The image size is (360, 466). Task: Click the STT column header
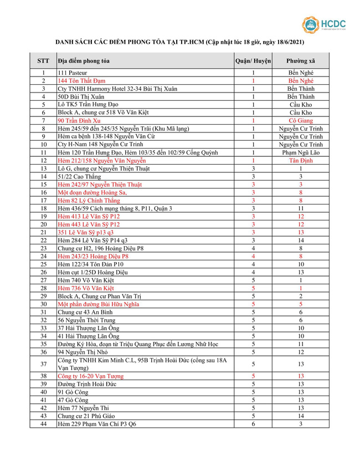(x=43, y=60)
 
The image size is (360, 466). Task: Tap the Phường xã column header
(x=301, y=60)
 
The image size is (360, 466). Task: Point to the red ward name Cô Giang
(x=301, y=120)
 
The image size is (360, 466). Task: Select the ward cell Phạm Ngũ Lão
(x=301, y=152)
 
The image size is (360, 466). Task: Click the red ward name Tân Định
(x=301, y=160)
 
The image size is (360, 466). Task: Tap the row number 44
(x=43, y=424)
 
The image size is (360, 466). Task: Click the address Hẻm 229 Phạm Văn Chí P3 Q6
(x=94, y=424)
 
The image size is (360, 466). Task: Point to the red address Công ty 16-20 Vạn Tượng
(x=91, y=376)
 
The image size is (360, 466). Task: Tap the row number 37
(x=43, y=364)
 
